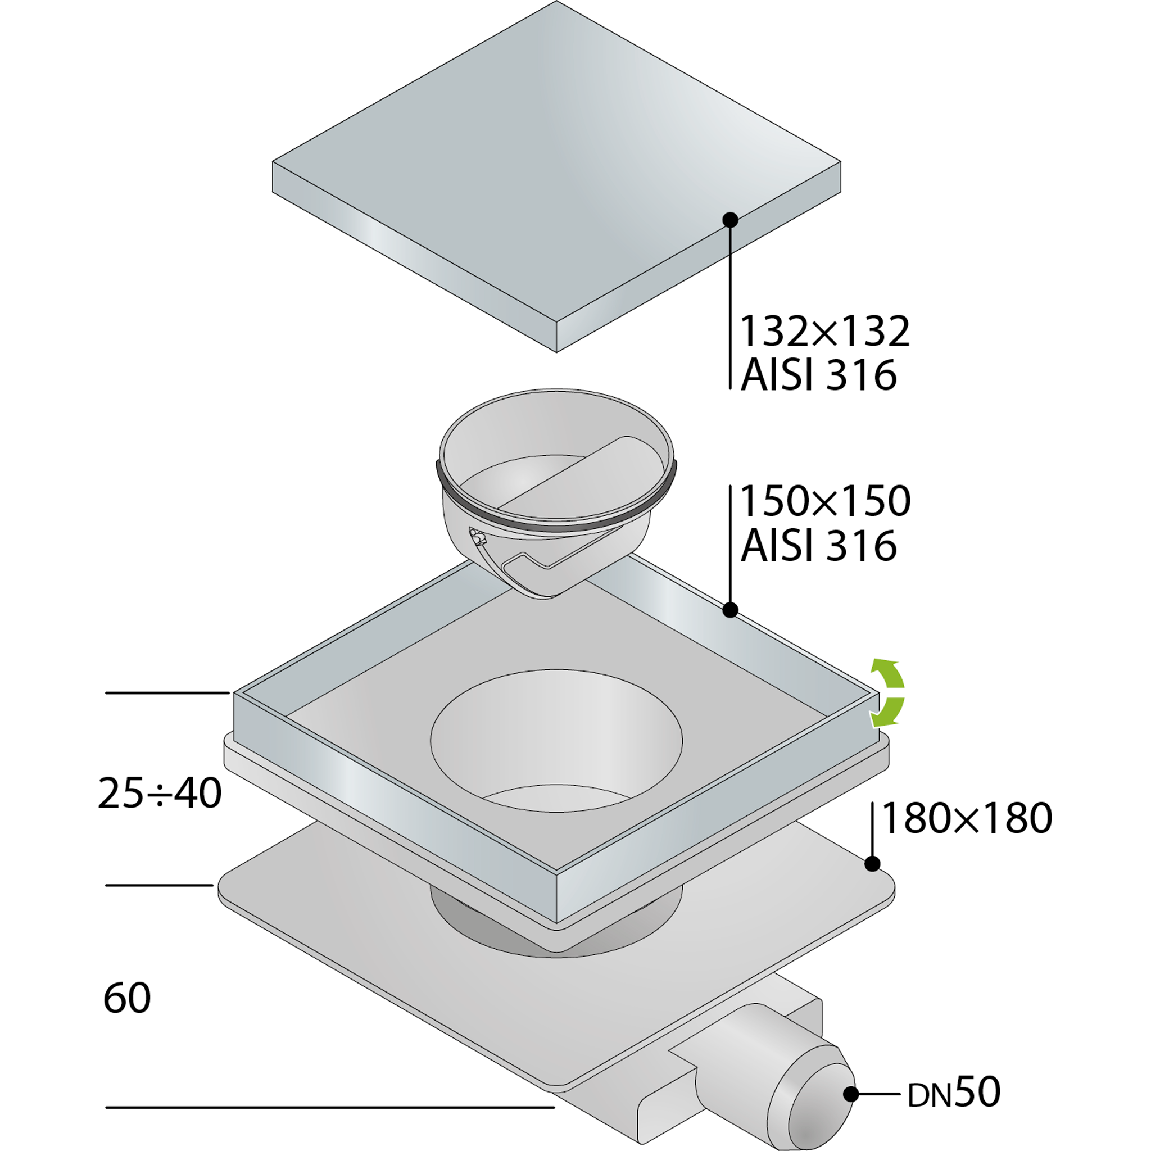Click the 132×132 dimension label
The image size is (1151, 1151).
825,331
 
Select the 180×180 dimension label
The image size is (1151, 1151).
966,818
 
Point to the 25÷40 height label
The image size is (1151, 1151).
160,793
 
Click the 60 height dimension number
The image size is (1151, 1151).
127,998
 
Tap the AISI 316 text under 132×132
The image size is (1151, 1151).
818,375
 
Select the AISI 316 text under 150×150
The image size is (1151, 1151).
818,545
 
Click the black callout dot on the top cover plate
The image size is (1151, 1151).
731,220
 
